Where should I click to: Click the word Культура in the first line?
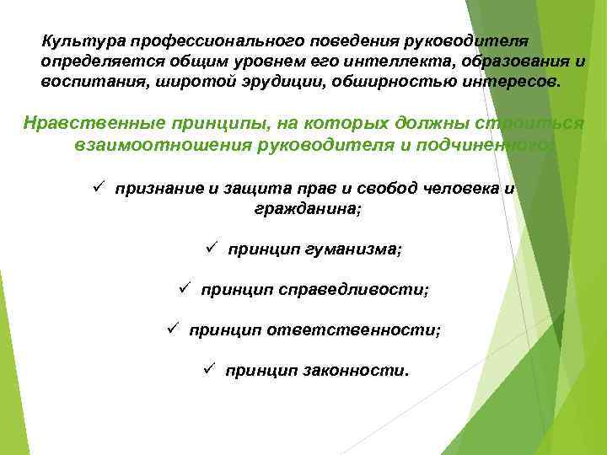pos(75,41)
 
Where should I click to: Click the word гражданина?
pos(306,207)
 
